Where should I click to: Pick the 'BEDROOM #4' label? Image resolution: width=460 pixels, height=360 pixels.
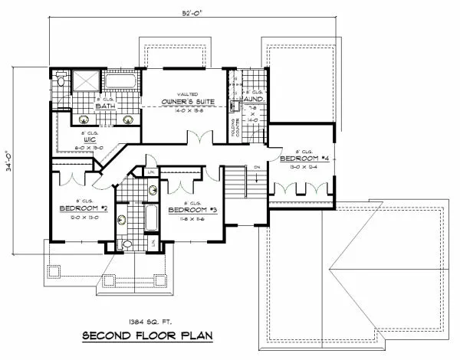tap(304, 158)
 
